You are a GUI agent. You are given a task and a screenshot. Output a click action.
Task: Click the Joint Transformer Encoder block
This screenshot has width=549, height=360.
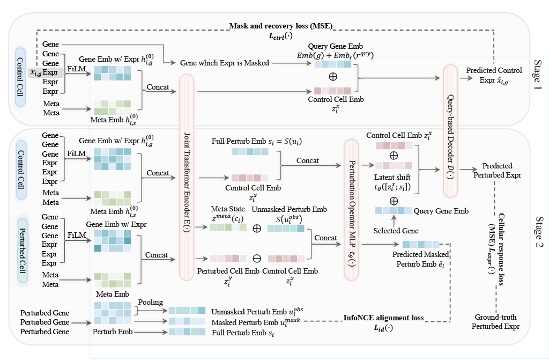pos(186,177)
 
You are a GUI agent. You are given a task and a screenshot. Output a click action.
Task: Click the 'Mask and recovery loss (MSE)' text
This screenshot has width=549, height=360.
pos(281,26)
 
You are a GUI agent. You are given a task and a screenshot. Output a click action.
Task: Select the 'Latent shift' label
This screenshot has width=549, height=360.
pos(393,178)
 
